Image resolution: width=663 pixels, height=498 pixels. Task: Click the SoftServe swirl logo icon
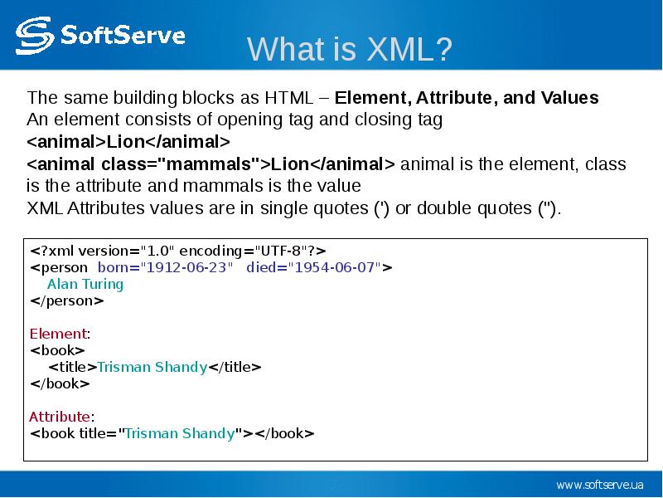click(x=35, y=36)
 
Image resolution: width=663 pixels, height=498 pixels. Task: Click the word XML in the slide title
click(x=398, y=49)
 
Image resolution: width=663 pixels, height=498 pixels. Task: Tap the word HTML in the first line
click(x=288, y=98)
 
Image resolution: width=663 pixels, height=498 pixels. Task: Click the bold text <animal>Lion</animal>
click(x=128, y=141)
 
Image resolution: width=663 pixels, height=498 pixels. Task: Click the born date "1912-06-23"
click(x=186, y=267)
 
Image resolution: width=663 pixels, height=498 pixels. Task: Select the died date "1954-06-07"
click(x=334, y=267)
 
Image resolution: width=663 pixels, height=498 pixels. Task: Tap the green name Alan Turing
click(x=85, y=285)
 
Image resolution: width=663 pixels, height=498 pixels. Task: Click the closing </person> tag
click(x=67, y=301)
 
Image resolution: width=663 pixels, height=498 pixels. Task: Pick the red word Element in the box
click(x=58, y=334)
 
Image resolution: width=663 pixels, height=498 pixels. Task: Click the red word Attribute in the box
click(x=60, y=417)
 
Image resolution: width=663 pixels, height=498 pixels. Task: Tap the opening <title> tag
click(x=73, y=367)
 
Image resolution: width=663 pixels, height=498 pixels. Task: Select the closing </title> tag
click(x=235, y=367)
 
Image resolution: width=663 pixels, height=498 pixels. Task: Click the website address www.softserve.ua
click(x=600, y=485)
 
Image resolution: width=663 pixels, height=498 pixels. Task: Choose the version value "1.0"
click(x=157, y=251)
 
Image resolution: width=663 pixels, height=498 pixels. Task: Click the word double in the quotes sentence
click(x=444, y=208)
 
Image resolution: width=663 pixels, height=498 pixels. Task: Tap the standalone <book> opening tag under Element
click(x=57, y=350)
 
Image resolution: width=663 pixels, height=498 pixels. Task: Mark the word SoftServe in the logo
click(x=123, y=35)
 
